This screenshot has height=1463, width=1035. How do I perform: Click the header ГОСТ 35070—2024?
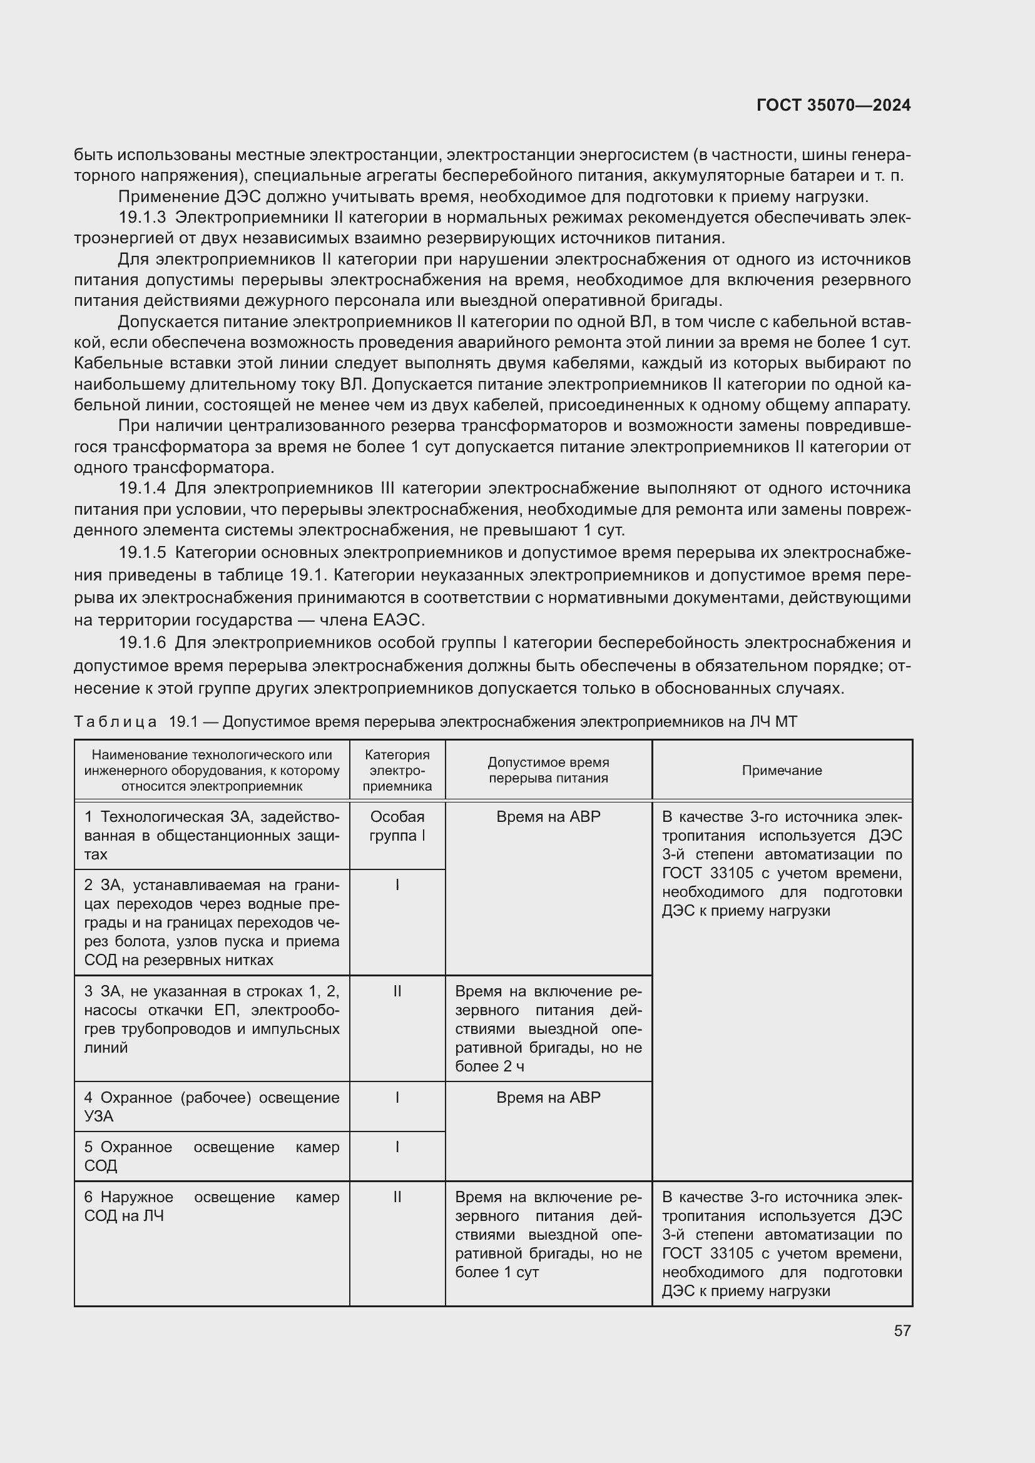[833, 105]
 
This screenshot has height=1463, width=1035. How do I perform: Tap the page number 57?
[902, 1330]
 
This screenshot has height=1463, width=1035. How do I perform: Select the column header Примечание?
[782, 771]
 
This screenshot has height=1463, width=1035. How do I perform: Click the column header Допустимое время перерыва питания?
[548, 771]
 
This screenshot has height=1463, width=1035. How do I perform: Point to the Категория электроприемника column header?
[397, 771]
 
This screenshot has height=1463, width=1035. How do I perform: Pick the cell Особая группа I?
[397, 826]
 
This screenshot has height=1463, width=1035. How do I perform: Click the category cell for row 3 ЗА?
[397, 991]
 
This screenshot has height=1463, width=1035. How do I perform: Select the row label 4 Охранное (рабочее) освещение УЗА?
[212, 1106]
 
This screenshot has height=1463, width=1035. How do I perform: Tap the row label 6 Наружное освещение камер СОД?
[212, 1206]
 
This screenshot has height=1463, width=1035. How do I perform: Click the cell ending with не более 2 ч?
[548, 1028]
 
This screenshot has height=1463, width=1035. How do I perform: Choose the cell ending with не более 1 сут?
[548, 1234]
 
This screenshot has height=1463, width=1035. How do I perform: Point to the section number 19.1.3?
[142, 217]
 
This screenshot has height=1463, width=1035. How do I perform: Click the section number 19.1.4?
[142, 489]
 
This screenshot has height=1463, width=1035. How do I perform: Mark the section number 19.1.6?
[142, 642]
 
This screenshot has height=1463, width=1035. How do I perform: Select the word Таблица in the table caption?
[115, 722]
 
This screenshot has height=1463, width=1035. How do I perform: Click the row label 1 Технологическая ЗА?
[212, 835]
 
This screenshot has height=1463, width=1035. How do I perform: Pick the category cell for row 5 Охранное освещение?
[397, 1148]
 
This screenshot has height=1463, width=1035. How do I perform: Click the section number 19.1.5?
[142, 552]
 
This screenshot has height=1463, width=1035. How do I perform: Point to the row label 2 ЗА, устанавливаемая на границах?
[212, 922]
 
